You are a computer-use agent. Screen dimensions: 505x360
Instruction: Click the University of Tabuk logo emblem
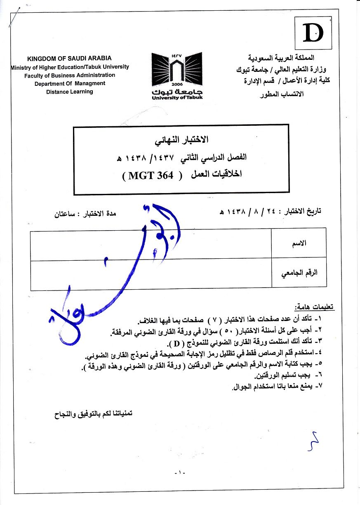point(177,70)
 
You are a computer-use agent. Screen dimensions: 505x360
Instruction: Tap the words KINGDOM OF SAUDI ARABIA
point(69,59)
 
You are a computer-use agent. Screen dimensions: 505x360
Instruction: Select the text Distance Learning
point(70,92)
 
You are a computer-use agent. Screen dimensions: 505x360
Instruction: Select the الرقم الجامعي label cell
point(299,273)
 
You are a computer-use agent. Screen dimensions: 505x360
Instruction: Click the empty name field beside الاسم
point(151,244)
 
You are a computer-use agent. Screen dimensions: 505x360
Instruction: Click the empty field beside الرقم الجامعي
point(151,273)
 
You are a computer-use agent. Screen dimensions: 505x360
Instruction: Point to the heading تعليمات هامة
point(315,307)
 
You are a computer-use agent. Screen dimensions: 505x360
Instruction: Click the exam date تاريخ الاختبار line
point(270,211)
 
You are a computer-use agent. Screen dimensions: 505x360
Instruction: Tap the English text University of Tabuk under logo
point(177,97)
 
